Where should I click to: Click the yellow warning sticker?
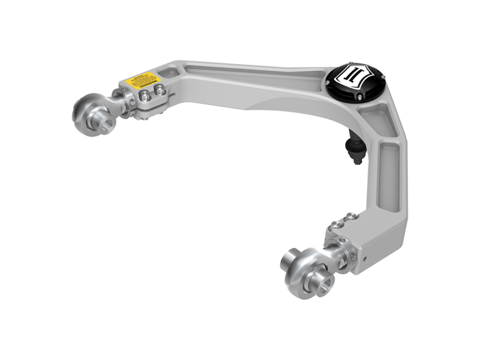(140, 80)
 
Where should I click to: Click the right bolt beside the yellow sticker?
(160, 89)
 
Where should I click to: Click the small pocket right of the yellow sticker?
(169, 74)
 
